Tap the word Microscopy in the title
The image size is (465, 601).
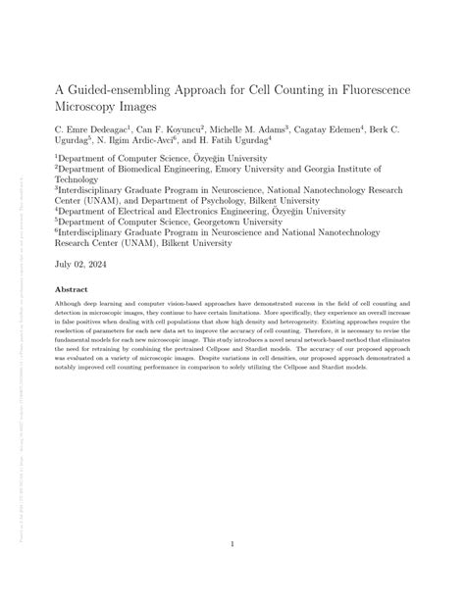[x=92, y=107]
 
